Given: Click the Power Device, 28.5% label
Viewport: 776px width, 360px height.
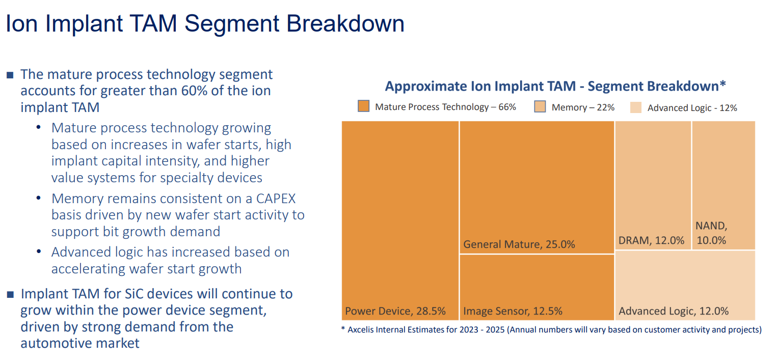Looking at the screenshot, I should coord(395,311).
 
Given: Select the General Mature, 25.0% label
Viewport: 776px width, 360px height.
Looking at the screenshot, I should coord(519,244).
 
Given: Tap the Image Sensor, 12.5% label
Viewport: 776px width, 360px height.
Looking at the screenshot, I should coord(513,311).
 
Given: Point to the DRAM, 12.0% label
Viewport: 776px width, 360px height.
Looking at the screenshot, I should coord(651,241).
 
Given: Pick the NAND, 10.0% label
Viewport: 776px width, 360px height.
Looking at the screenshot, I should coord(711,233).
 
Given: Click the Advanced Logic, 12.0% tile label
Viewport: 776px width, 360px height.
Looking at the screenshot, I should coord(673,311).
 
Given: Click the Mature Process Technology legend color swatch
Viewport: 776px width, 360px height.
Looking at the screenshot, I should coord(363,106).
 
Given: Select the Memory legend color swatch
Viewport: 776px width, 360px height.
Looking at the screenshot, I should coord(540,106).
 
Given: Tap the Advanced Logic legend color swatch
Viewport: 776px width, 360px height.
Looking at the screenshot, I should coord(636,107).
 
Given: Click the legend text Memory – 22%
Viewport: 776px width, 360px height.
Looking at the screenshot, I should coord(583,107).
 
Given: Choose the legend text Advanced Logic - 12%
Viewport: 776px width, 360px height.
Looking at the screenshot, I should coord(692,108).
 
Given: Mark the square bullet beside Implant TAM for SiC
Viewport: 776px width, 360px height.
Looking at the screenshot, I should coord(10,295).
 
